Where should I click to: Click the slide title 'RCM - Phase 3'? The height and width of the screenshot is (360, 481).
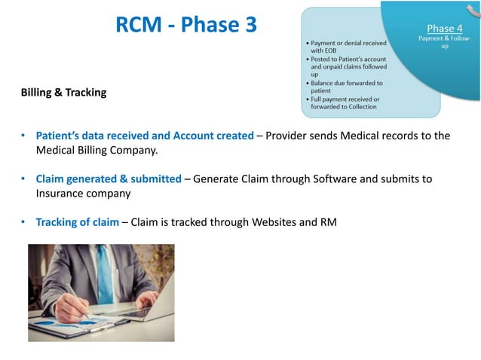pyautogui.click(x=186, y=25)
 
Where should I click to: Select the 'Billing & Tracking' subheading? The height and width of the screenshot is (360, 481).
pyautogui.click(x=64, y=93)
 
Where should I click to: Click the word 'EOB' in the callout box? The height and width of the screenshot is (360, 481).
pyautogui.click(x=330, y=51)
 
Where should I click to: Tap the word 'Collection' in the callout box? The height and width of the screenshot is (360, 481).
pyautogui.click(x=359, y=106)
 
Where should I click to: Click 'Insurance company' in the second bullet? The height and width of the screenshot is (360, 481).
pyautogui.click(x=84, y=193)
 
